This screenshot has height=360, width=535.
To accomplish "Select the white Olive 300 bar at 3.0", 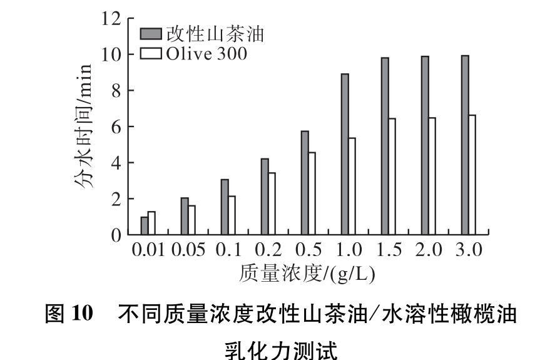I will [472, 175].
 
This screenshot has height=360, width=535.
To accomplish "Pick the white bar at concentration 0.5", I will [312, 193].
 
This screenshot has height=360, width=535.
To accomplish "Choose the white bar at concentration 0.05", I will [191, 220].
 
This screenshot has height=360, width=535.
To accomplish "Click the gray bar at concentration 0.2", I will [265, 197].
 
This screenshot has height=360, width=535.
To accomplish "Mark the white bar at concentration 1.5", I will [392, 177].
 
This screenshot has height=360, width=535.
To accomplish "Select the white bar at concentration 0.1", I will [232, 215].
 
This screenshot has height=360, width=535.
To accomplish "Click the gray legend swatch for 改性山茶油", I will [152, 33].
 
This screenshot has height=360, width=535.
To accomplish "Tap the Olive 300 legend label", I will [206, 54].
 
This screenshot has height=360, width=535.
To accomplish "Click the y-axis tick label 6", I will [115, 127].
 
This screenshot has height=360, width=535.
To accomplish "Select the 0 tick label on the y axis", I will [115, 236].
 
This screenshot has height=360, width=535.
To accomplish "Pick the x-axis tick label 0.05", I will [187, 250].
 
